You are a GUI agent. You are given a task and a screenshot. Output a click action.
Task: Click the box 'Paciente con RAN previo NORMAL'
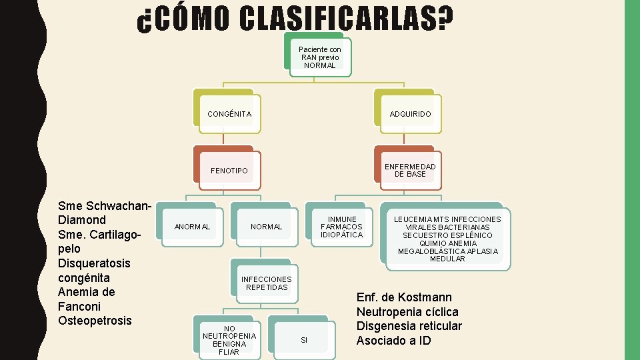click(320, 57)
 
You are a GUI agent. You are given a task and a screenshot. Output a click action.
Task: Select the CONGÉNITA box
click(229, 114)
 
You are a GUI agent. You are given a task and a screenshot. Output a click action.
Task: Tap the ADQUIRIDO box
click(411, 114)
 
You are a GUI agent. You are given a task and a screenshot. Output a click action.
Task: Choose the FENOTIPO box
click(229, 171)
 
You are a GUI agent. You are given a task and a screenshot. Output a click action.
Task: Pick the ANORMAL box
click(192, 227)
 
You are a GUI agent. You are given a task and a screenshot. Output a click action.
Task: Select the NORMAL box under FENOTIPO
click(267, 227)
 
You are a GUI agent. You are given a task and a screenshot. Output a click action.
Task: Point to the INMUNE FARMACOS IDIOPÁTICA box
click(342, 227)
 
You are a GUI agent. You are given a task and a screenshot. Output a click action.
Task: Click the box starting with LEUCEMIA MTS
click(447, 239)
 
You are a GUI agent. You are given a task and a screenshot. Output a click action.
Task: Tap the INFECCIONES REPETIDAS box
click(267, 283)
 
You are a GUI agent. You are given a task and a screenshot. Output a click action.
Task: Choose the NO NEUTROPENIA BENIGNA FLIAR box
click(229, 340)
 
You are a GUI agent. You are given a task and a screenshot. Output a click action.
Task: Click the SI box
click(304, 340)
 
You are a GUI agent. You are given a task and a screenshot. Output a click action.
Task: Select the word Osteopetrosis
click(95, 320)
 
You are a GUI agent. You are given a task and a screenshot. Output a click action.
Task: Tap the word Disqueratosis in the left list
click(95, 263)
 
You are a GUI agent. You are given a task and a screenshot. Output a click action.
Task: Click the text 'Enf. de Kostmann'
click(404, 297)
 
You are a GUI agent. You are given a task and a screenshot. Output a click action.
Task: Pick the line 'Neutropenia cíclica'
click(407, 312)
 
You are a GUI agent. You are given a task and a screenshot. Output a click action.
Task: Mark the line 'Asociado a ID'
click(393, 341)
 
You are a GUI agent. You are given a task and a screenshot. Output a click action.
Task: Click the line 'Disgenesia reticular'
click(409, 326)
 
